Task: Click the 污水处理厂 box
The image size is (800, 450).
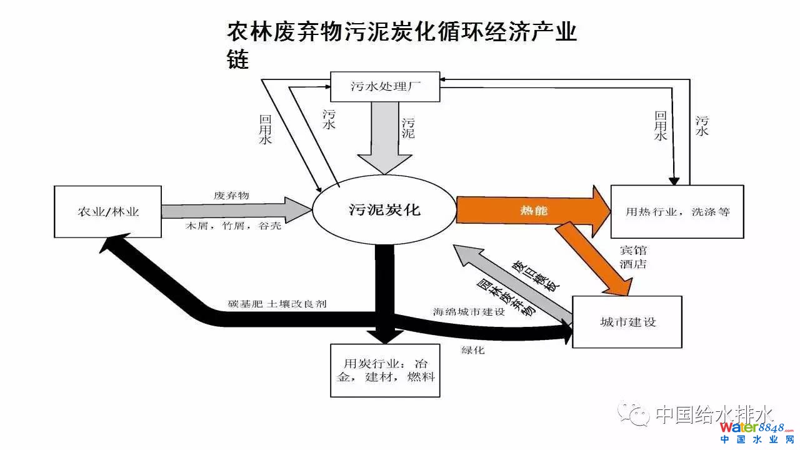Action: click(384, 87)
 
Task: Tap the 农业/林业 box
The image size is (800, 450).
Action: click(107, 211)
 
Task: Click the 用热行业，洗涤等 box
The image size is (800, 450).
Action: click(677, 211)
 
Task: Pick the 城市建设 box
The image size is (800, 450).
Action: click(627, 322)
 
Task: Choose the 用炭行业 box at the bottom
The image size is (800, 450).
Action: click(385, 370)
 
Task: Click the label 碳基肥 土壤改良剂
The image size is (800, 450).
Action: click(277, 304)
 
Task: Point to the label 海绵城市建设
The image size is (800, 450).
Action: click(469, 311)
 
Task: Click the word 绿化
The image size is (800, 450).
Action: click(473, 350)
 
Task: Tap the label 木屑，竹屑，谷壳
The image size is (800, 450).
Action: click(232, 226)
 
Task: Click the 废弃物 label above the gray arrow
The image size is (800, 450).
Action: click(231, 195)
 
